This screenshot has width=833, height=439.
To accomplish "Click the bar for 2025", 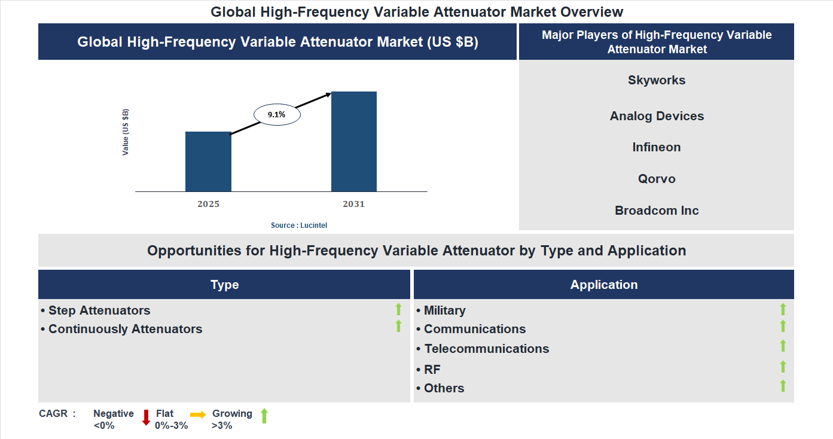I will pyautogui.click(x=208, y=161).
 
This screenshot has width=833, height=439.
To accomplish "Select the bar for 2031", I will pyautogui.click(x=354, y=142).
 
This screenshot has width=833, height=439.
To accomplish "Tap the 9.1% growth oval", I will pyautogui.click(x=277, y=114).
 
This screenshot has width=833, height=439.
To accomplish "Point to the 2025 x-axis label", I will pyautogui.click(x=208, y=204).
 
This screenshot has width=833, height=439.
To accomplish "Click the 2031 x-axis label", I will pyautogui.click(x=353, y=204).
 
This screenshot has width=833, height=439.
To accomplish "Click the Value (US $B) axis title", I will pyautogui.click(x=126, y=132).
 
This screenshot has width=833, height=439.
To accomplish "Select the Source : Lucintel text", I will pyautogui.click(x=299, y=225).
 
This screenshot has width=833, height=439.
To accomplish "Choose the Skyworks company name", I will pyautogui.click(x=657, y=80).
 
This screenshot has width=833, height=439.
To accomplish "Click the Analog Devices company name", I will pyautogui.click(x=657, y=116).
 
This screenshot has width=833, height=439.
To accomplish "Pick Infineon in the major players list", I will pyautogui.click(x=657, y=147).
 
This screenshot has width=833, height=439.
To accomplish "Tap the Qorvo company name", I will pyautogui.click(x=657, y=179).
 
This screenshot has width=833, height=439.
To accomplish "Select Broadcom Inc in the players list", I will pyautogui.click(x=657, y=211).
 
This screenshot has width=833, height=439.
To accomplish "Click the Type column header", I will pyautogui.click(x=224, y=285).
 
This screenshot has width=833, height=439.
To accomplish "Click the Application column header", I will pyautogui.click(x=604, y=285).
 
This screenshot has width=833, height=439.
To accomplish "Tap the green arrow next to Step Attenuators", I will pyautogui.click(x=398, y=309).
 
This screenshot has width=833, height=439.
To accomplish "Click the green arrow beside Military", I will pyautogui.click(x=783, y=309).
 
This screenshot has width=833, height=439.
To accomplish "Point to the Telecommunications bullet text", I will pyautogui.click(x=486, y=349).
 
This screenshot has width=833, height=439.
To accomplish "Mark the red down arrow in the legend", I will pyautogui.click(x=146, y=417).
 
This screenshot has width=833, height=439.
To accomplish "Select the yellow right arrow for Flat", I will pyautogui.click(x=198, y=414).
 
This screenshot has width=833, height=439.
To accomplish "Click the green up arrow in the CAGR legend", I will pyautogui.click(x=264, y=416).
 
